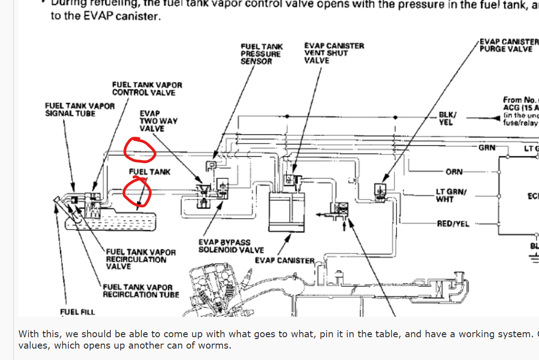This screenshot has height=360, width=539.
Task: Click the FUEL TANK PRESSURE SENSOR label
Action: (262, 54)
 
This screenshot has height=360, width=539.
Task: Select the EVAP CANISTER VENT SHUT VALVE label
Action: (334, 53)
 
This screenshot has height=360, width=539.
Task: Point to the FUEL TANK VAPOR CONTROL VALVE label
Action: (147, 89)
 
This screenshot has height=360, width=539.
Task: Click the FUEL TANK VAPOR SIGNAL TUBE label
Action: (79, 109)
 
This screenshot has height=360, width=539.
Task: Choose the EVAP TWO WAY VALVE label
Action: (158, 121)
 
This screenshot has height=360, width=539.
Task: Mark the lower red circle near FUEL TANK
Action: (137, 192)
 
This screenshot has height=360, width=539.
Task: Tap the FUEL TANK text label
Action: (149, 172)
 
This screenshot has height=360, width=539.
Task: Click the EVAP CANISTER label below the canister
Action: (284, 261)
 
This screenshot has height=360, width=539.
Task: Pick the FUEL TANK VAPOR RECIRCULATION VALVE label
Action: (140, 259)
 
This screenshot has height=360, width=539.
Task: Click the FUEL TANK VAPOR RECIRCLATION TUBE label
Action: (140, 291)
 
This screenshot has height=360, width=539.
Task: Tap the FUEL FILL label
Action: (77, 312)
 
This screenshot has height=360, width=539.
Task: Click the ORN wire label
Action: (454, 172)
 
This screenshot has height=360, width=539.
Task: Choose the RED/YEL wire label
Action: (452, 224)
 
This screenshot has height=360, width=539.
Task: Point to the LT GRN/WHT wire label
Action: (451, 195)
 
